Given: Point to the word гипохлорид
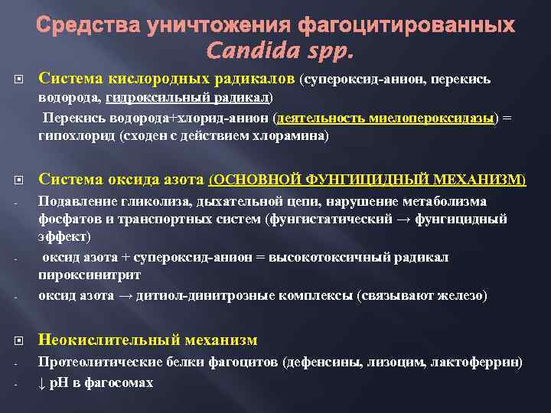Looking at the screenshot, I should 75,135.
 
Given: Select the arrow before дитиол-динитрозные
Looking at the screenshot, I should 125,295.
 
